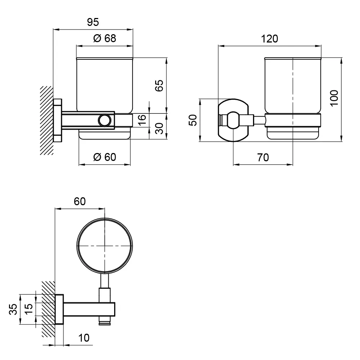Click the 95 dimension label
pyautogui.click(x=93, y=22)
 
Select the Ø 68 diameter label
pyautogui.click(x=105, y=39)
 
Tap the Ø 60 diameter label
pyautogui.click(x=105, y=157)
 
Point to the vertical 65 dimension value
pyautogui.click(x=159, y=85)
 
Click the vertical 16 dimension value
pyautogui.click(x=142, y=120)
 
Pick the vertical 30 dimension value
pyautogui.click(x=159, y=129)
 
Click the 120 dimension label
pyautogui.click(x=270, y=39)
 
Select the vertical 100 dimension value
pyautogui.click(x=334, y=98)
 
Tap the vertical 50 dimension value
pyautogui.click(x=193, y=120)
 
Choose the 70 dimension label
pyautogui.click(x=263, y=158)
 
